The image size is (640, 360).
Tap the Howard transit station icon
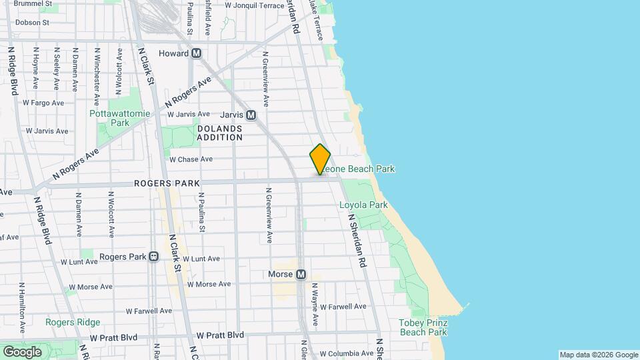click(x=196, y=53)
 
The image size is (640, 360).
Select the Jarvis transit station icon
click(x=251, y=115)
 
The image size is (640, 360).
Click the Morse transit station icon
click(x=301, y=274)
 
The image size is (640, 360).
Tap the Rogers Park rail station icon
click(x=154, y=257)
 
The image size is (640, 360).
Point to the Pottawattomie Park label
click(x=111, y=118)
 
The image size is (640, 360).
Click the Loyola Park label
click(x=363, y=205)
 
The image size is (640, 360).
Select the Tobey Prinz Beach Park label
click(x=423, y=327)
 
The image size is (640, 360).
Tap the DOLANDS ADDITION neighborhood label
click(x=219, y=132)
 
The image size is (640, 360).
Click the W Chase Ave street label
click(x=191, y=159)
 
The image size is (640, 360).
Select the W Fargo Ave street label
click(x=43, y=103)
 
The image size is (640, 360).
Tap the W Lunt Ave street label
click(x=201, y=259)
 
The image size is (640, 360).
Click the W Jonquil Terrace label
click(x=254, y=5)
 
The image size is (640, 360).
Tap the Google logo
click(x=22, y=351)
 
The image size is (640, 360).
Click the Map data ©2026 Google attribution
click(x=598, y=355)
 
